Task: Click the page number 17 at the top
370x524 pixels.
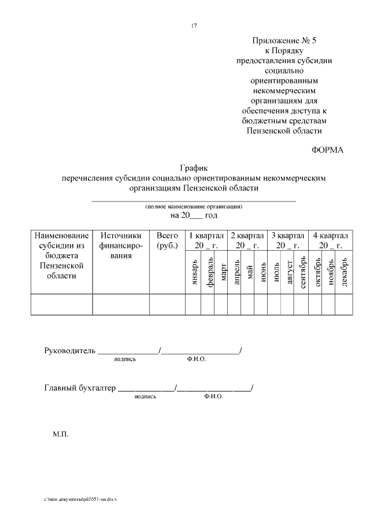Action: point(194,24)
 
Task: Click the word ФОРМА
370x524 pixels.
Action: point(327,150)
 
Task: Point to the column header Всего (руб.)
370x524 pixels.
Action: point(166,241)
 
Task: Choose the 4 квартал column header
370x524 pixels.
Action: point(331,240)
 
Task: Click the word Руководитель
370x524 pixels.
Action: point(70,351)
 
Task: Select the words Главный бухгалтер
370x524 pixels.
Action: point(80,389)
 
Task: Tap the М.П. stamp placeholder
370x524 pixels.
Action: point(61,433)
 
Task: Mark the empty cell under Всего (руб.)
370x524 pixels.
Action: point(166,304)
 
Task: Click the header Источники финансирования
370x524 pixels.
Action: point(120,245)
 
